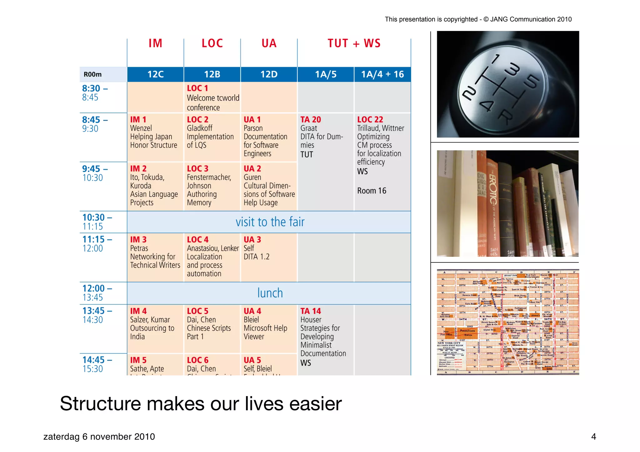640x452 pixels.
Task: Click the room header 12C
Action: pyautogui.click(x=155, y=74)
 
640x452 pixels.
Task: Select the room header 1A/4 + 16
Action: pyautogui.click(x=382, y=74)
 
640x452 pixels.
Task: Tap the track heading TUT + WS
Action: pyautogui.click(x=354, y=43)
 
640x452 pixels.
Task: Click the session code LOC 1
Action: pyautogui.click(x=197, y=88)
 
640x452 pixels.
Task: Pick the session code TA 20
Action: pyautogui.click(x=311, y=120)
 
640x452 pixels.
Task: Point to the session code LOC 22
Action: pyautogui.click(x=370, y=120)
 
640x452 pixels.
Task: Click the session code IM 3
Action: pyautogui.click(x=138, y=240)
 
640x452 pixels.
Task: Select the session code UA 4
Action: pyautogui.click(x=252, y=311)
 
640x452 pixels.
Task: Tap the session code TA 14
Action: pyautogui.click(x=311, y=311)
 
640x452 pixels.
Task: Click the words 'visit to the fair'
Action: pyautogui.click(x=270, y=222)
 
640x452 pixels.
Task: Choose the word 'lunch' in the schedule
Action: pyautogui.click(x=270, y=293)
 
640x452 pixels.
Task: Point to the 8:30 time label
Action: pyautogui.click(x=91, y=89)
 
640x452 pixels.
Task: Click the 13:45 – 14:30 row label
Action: pyautogui.click(x=95, y=315)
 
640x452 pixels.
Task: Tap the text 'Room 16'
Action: pyautogui.click(x=372, y=191)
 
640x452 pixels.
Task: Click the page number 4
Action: pyautogui.click(x=593, y=436)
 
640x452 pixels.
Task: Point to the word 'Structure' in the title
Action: pyautogui.click(x=100, y=404)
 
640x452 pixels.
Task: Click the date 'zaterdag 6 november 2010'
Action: pyautogui.click(x=99, y=436)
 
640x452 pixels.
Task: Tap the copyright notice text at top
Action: pyautogui.click(x=478, y=19)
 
